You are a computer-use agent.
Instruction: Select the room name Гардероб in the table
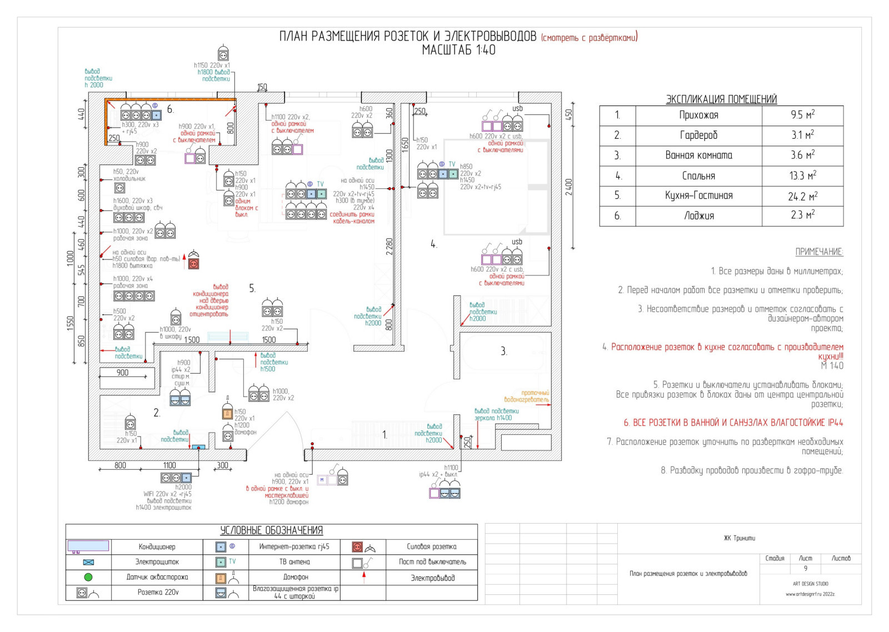[x=698, y=135]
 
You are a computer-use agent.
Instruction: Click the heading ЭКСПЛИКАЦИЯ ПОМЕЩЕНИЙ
[x=721, y=99]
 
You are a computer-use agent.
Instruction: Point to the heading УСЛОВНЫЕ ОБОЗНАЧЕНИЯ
[x=271, y=530]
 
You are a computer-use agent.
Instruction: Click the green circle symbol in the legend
[x=88, y=577]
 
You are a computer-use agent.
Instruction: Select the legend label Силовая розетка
[x=432, y=546]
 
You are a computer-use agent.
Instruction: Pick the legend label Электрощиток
[x=157, y=562]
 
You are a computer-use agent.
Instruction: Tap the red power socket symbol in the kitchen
[x=193, y=263]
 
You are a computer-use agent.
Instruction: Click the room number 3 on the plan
[x=503, y=351]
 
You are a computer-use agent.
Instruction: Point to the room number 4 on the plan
[x=433, y=244]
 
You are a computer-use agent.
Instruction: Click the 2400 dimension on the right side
[x=568, y=187]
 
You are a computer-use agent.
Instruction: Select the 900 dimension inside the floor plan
[x=122, y=373]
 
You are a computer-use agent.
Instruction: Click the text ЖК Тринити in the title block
[x=739, y=538]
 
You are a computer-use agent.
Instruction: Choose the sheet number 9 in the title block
[x=805, y=568]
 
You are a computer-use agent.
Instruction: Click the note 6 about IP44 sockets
[x=733, y=423]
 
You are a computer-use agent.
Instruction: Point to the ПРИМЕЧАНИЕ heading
[x=819, y=252]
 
